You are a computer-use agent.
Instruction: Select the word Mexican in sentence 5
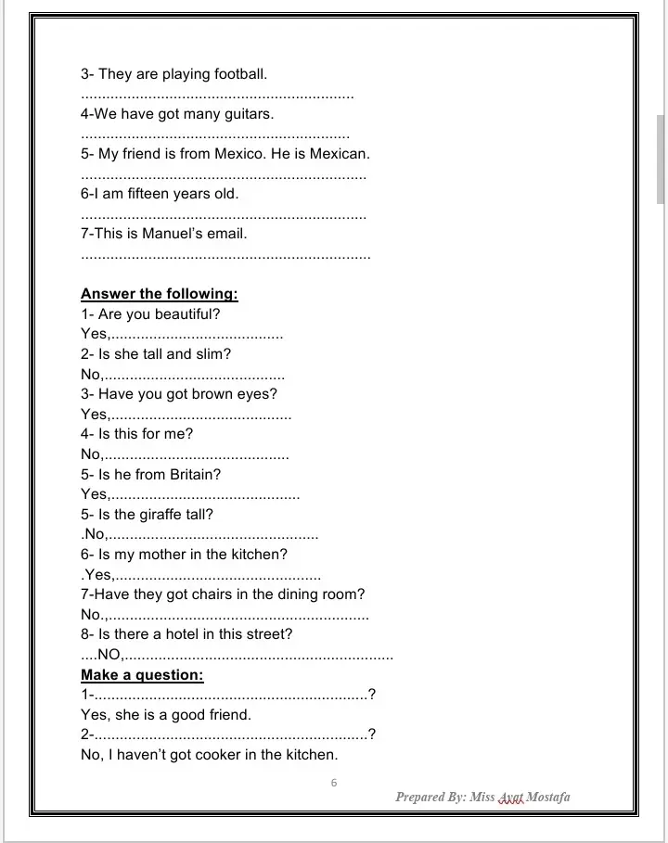340,154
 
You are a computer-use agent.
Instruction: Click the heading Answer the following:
160,294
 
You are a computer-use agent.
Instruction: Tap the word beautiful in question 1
187,314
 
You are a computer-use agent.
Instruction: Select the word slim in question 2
213,354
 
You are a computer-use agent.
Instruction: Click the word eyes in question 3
260,394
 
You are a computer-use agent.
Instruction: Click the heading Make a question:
142,675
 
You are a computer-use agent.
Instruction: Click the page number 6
334,783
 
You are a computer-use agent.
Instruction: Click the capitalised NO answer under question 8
109,655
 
